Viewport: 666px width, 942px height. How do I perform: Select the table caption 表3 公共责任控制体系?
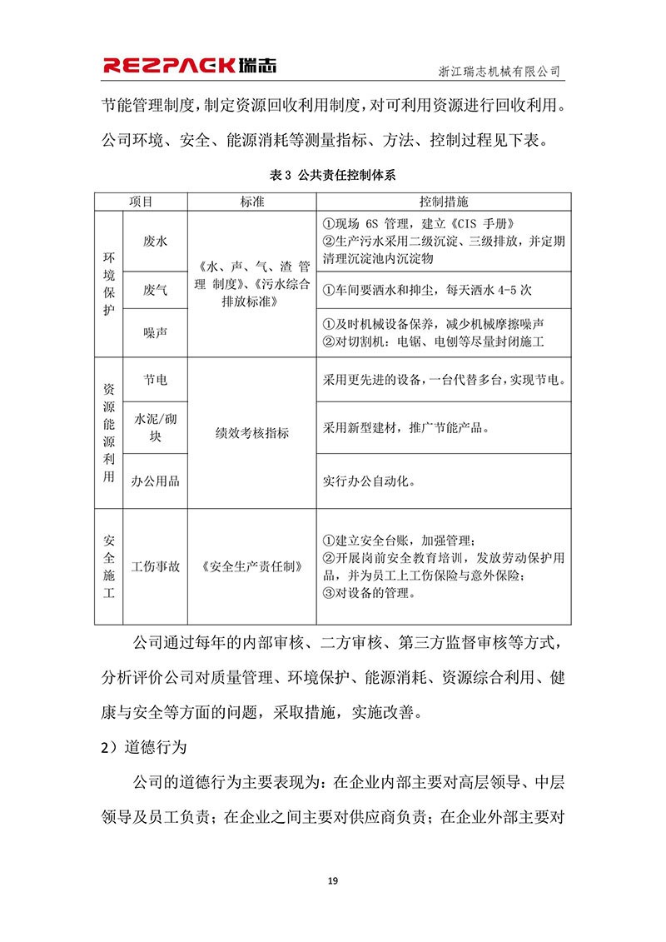(333, 175)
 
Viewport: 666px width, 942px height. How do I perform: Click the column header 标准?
(251, 202)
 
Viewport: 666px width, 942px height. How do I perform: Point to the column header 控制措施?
(443, 202)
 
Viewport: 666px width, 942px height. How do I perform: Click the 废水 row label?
(156, 242)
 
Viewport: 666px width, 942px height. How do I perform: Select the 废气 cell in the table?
(156, 290)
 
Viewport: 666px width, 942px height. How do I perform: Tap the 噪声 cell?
(156, 332)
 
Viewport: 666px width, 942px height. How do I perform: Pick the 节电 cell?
(156, 380)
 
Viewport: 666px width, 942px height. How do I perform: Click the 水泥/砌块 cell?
(156, 426)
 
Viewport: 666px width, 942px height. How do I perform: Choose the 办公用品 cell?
(156, 481)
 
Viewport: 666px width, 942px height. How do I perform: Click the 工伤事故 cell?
(156, 566)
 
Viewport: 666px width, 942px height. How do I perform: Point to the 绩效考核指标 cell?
(251, 433)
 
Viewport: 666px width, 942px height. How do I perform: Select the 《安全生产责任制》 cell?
(251, 566)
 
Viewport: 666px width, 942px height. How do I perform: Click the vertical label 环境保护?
(108, 284)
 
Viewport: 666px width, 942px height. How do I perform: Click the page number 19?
(332, 880)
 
